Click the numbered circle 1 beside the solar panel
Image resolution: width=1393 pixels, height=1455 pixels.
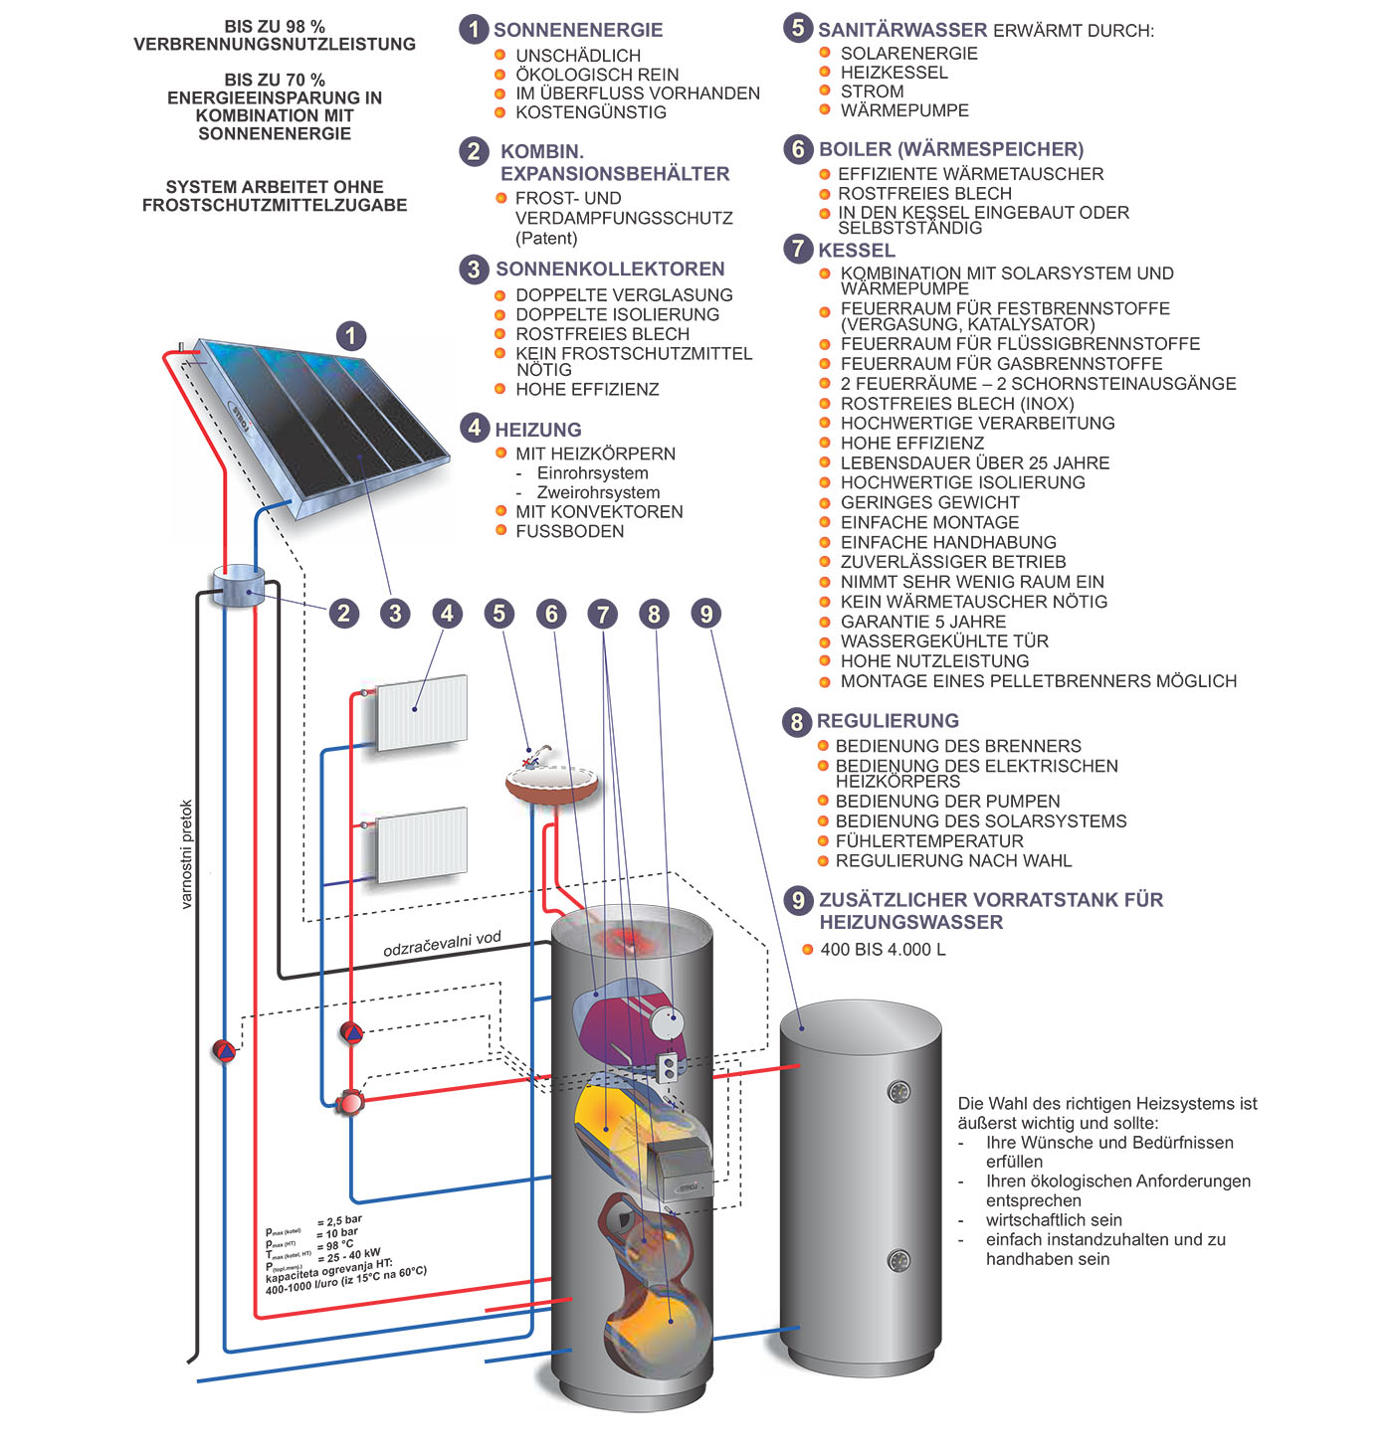pos(350,336)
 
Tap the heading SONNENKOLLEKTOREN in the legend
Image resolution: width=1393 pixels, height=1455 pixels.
pos(610,269)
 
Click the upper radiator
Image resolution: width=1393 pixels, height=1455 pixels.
pos(422,711)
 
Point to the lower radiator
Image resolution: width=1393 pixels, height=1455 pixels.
pos(422,843)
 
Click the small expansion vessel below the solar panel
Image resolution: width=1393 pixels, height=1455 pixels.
pos(238,586)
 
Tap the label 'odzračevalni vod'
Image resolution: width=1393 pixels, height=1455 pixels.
pos(442,944)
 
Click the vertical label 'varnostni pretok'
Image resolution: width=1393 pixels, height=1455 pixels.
pos(186,854)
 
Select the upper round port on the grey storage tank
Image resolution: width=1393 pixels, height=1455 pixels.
pos(898,1092)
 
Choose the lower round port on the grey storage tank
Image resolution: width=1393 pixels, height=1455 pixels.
pos(898,1261)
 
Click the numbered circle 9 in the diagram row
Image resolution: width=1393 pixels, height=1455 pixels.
pos(705,614)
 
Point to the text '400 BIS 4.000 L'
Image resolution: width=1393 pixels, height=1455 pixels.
pos(883,950)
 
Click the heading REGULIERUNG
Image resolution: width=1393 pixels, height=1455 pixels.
pos(888,721)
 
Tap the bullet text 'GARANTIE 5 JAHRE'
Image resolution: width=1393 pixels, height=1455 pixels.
pos(922,622)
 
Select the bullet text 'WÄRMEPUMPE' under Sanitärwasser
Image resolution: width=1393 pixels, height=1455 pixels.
pos(903,110)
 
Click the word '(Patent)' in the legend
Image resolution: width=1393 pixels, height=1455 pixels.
pos(546,238)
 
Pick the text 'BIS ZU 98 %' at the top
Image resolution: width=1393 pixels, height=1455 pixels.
pos(275,27)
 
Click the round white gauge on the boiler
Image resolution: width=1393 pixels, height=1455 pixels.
pos(666,1020)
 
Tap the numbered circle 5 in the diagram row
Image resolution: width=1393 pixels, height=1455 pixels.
pos(499,614)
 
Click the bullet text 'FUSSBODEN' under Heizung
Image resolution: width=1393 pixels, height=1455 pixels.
pos(569,531)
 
